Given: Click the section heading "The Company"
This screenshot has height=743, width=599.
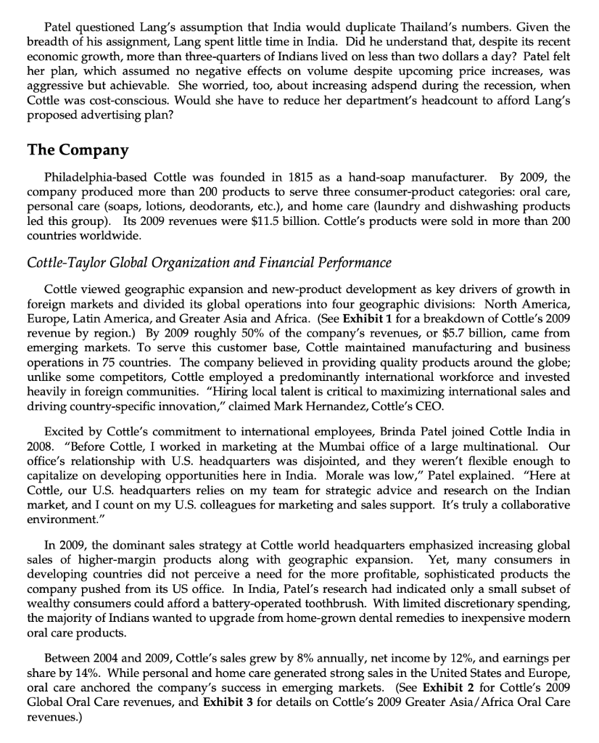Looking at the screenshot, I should click(x=78, y=150).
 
